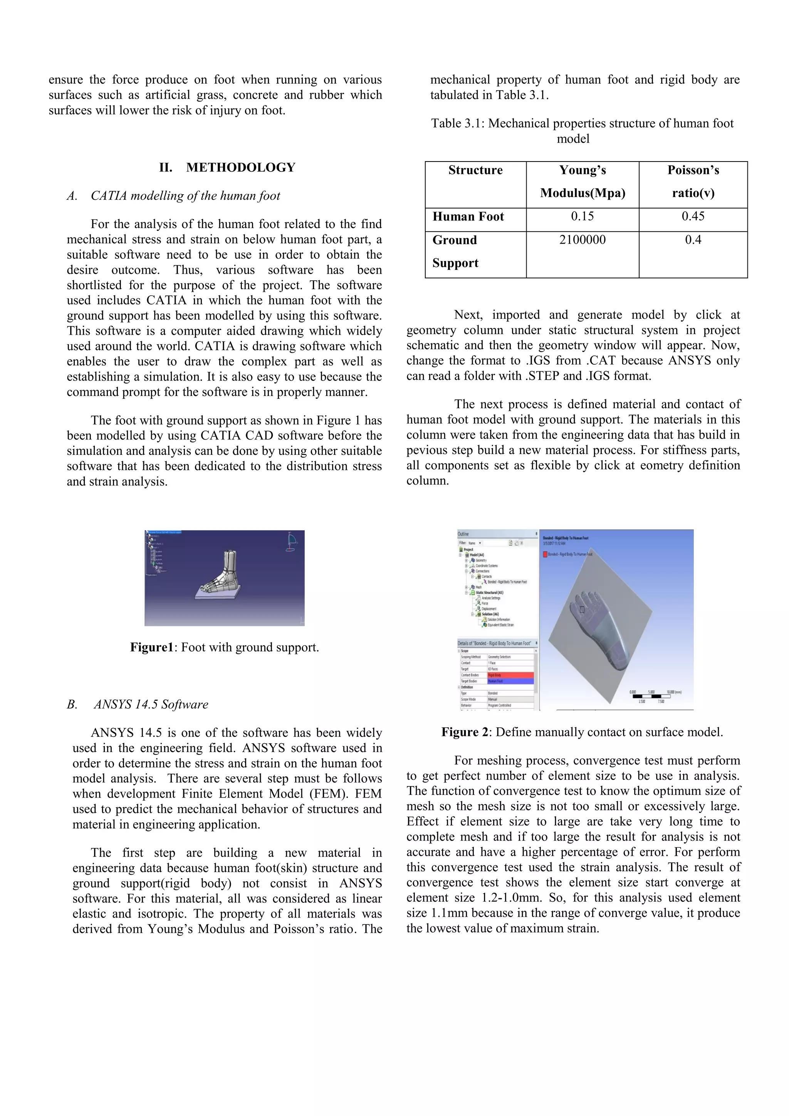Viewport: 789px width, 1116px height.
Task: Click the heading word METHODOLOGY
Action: [x=240, y=168]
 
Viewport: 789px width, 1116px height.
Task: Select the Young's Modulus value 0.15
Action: [x=582, y=216]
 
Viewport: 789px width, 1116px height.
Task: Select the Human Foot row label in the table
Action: [x=468, y=217]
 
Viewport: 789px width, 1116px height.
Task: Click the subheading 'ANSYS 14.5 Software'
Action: [x=151, y=704]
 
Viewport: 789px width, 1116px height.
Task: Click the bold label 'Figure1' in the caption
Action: [x=151, y=648]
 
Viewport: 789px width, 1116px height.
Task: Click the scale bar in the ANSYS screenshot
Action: [x=651, y=697]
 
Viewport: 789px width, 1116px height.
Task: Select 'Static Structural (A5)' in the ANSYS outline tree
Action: [x=490, y=593]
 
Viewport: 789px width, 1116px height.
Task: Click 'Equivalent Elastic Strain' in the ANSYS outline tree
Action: [x=500, y=625]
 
